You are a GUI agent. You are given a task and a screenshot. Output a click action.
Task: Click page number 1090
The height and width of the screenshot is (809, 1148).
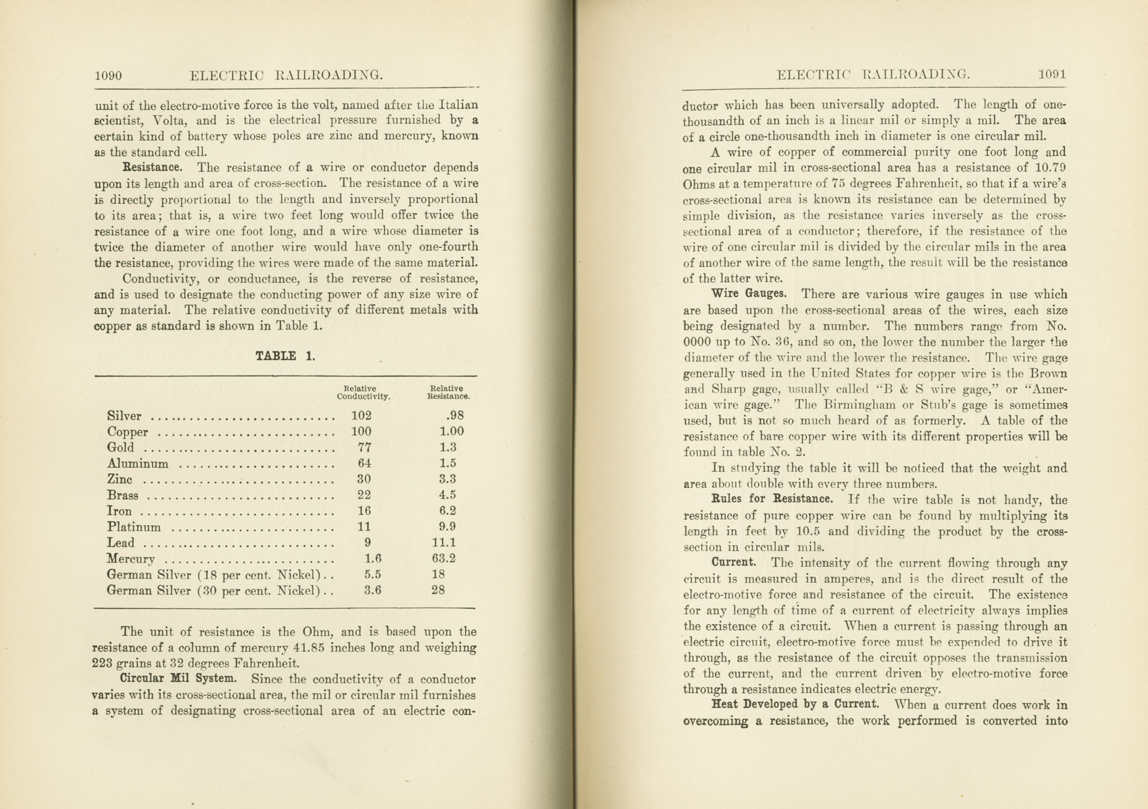108,76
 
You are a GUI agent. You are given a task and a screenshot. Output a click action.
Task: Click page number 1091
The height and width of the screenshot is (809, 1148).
1052,75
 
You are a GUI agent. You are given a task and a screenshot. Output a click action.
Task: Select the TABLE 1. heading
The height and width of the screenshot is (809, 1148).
285,356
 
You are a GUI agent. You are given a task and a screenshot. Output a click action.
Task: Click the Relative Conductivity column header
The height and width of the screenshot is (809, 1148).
363,393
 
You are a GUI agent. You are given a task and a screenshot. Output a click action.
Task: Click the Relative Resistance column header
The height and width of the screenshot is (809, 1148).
448,393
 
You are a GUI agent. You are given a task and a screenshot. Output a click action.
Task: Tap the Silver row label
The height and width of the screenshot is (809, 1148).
124,416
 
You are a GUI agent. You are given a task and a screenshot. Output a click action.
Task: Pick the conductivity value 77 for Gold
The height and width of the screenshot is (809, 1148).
364,447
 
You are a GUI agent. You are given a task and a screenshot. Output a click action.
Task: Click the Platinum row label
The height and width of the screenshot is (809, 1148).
134,527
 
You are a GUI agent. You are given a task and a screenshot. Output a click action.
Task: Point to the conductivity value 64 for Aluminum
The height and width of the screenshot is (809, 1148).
364,463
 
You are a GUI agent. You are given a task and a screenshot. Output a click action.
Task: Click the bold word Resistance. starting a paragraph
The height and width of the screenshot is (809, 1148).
152,167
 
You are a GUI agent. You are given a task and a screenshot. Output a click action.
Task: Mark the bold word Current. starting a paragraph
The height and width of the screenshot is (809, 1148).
734,563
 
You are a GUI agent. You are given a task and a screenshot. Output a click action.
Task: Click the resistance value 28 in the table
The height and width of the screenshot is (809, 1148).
438,590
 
